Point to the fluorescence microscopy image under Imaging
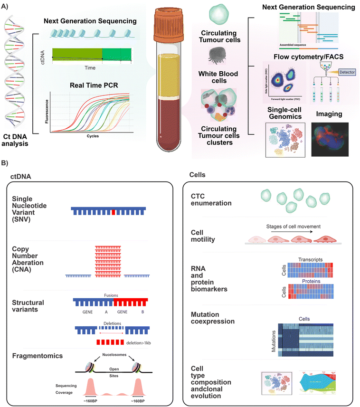(329, 139)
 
